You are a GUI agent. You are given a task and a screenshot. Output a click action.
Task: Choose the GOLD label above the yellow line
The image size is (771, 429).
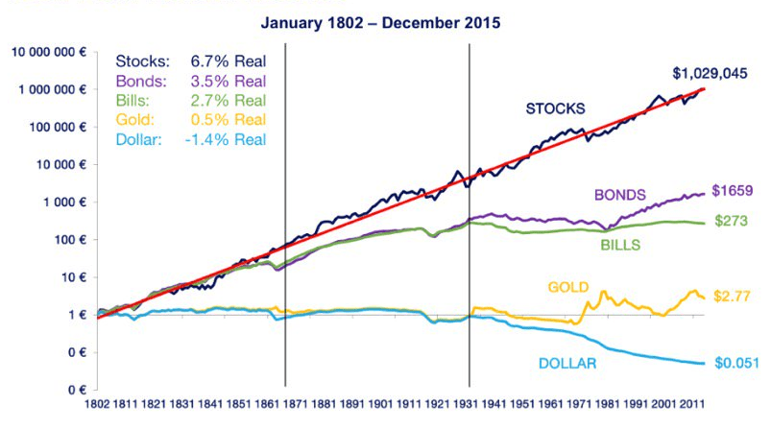click(x=568, y=287)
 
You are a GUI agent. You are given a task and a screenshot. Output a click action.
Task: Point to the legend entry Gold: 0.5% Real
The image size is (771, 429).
click(x=190, y=120)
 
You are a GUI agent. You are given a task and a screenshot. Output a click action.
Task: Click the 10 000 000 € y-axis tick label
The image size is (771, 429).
click(x=49, y=52)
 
